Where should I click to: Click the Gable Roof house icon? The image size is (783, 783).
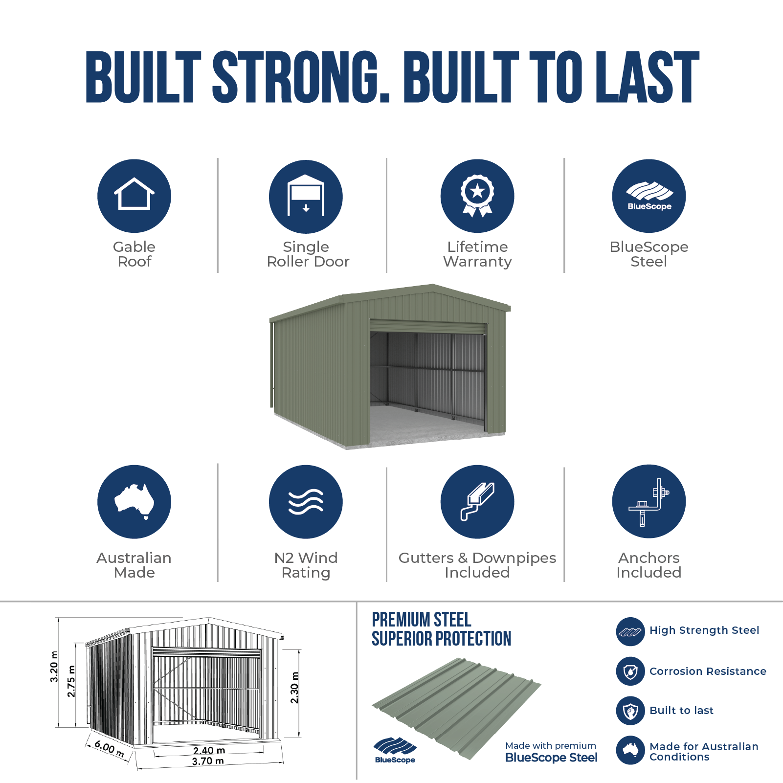pos(134,196)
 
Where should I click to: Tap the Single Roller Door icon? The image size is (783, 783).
pos(306,196)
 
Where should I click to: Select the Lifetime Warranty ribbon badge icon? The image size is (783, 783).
pos(477,196)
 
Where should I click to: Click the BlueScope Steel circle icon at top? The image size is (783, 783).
pos(649,196)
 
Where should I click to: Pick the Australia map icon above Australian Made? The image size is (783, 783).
pos(134,501)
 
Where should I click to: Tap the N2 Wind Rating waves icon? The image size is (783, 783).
pos(306,501)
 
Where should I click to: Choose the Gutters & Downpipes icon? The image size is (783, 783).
pos(477,501)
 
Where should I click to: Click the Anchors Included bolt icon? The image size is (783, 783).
pos(649,501)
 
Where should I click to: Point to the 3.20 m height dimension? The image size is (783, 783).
pos(54,667)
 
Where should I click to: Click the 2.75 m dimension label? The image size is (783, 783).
pos(71,681)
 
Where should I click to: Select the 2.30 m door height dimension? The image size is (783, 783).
pos(294,688)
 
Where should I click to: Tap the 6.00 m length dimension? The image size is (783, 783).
pos(109,748)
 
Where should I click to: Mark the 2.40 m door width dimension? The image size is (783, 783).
pos(209,750)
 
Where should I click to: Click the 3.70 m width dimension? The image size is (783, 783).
pos(208,761)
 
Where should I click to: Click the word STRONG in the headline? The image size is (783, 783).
pos(301,77)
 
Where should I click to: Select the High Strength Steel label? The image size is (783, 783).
pos(704,630)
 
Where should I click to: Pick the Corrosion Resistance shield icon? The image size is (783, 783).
pos(630,671)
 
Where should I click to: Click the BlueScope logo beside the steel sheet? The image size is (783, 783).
pos(395,750)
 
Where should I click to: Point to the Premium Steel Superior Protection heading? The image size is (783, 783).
pos(441,629)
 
